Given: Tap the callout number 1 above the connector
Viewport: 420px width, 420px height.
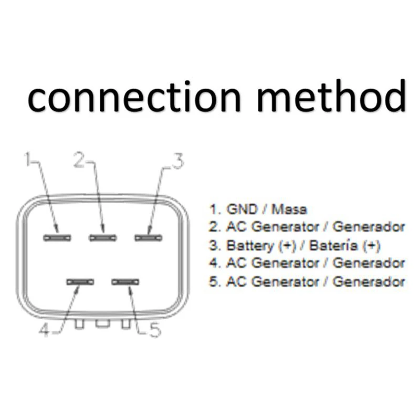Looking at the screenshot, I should click(x=28, y=159).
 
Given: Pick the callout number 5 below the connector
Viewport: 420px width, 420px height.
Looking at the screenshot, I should click(x=154, y=331).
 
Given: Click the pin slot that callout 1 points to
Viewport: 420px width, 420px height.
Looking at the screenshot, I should click(x=57, y=238).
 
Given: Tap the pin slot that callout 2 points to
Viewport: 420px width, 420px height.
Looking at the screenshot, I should click(x=103, y=238).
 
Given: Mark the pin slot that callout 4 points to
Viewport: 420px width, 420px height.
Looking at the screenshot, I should click(x=80, y=282).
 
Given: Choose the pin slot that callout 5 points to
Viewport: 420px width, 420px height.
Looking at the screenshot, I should click(x=126, y=282).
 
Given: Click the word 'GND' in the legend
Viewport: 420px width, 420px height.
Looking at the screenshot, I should click(x=243, y=209).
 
